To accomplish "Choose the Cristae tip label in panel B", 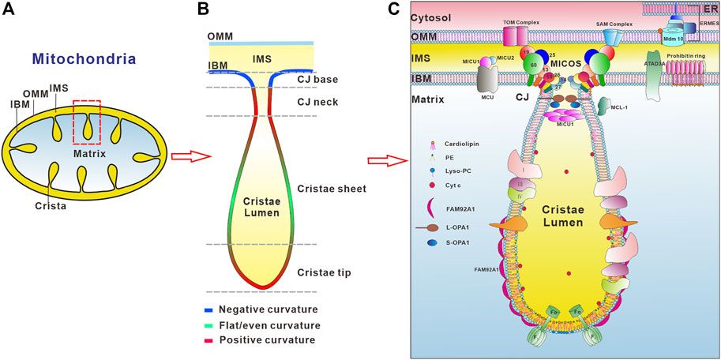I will pyautogui.click(x=324, y=272).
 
